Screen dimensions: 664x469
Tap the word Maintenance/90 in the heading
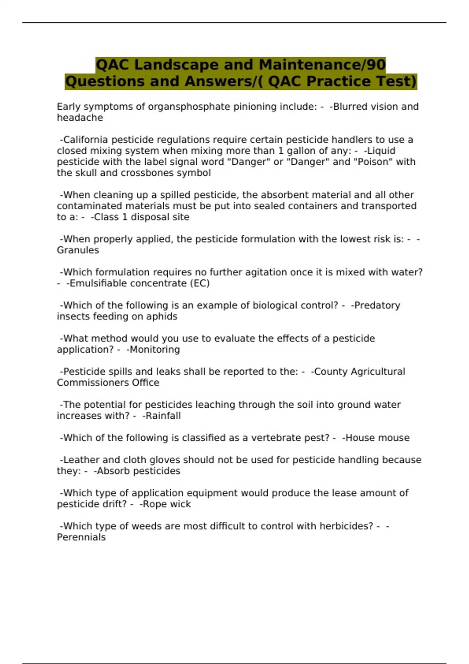click(322, 65)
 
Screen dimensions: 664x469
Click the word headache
click(80, 118)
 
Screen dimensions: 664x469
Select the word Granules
click(78, 250)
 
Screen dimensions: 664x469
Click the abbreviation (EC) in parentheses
click(200, 283)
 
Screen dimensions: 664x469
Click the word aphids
click(161, 316)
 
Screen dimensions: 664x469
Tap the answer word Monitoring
click(154, 349)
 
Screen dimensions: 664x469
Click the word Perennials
click(81, 537)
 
